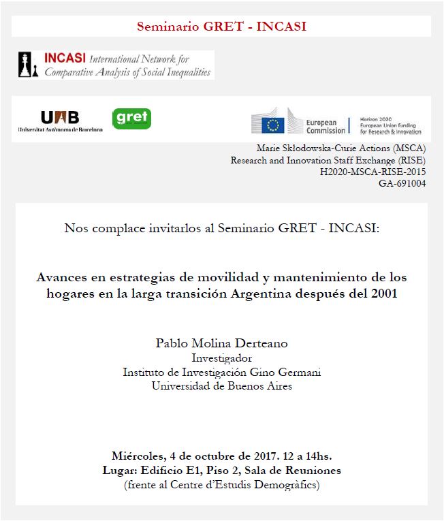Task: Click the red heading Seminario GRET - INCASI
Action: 221,27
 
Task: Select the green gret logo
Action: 130,119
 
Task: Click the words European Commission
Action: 326,126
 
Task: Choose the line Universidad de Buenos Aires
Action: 222,386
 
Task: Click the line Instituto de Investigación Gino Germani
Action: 221,373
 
